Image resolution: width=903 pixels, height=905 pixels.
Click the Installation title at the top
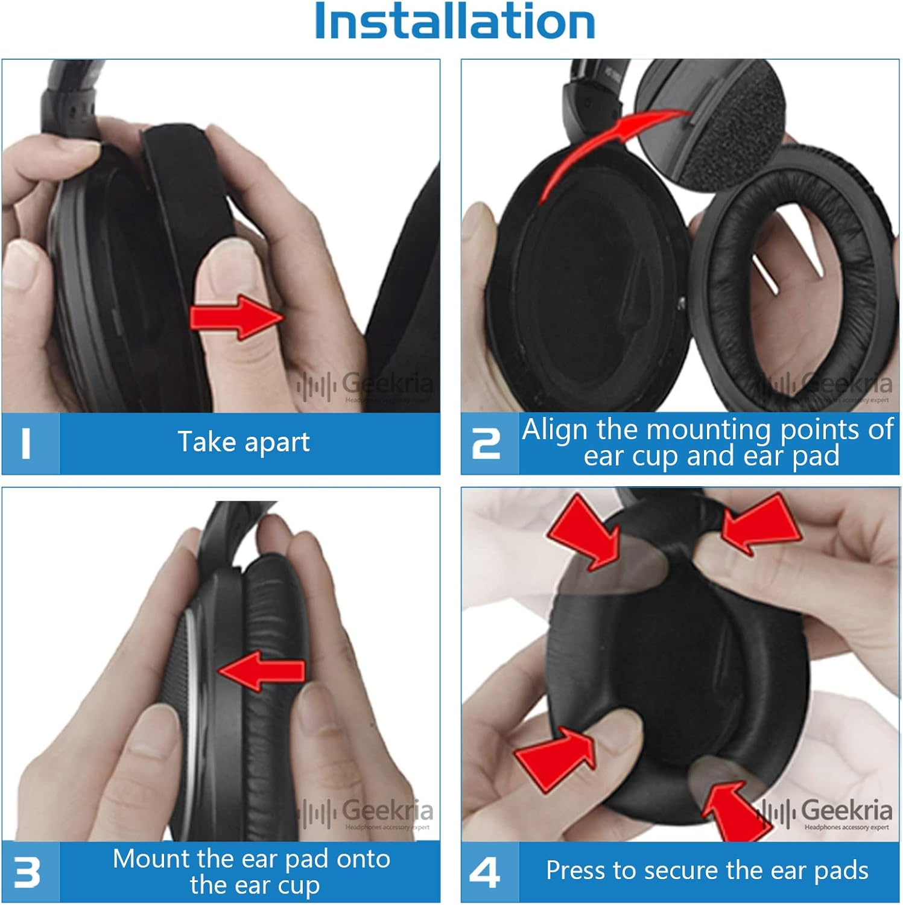(455, 22)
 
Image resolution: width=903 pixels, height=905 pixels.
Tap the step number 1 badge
(26, 443)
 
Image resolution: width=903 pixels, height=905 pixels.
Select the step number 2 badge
(486, 445)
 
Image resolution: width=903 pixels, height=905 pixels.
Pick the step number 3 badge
(27, 872)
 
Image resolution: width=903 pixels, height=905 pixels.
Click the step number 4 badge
(485, 872)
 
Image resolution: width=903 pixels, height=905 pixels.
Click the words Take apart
(244, 442)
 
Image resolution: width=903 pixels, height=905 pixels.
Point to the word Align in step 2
(555, 430)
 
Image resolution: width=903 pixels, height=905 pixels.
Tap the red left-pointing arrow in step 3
(262, 670)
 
